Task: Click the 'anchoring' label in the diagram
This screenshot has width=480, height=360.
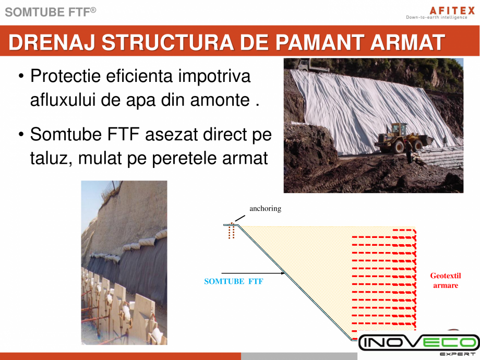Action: (x=265, y=209)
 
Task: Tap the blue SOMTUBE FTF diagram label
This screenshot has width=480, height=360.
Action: (x=233, y=282)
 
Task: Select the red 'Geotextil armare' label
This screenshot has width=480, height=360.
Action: (x=445, y=281)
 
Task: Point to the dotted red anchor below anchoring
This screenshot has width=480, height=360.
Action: (x=231, y=232)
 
